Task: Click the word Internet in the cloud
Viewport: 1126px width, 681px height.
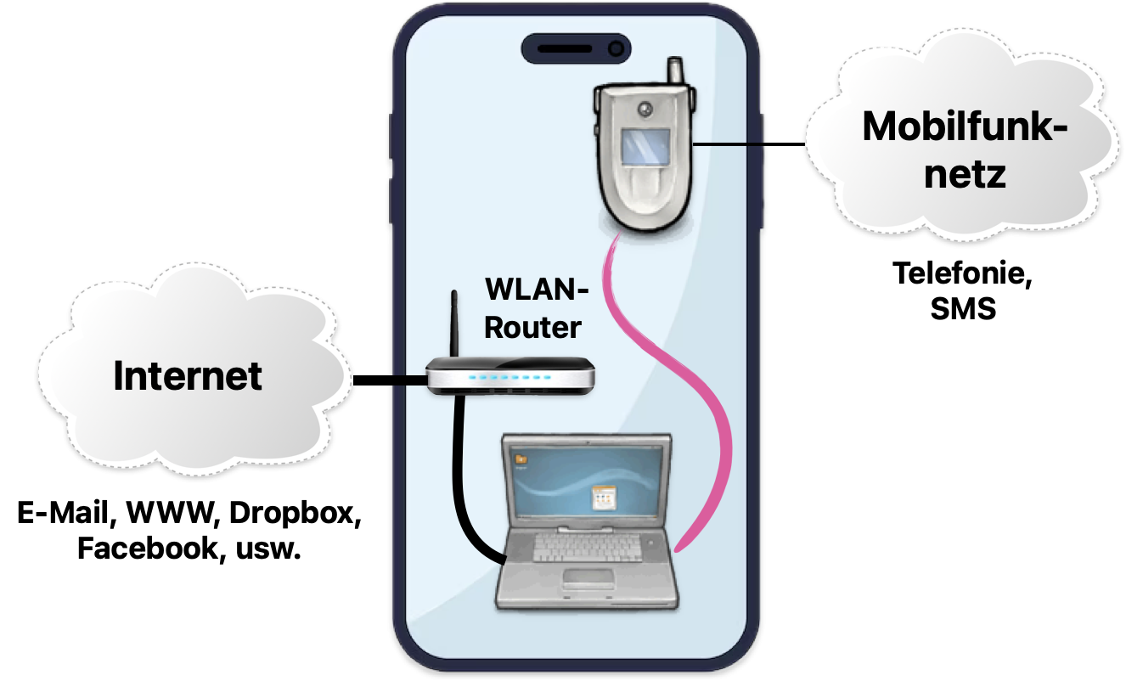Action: coord(188,375)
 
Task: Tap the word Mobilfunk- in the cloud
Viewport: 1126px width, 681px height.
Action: coord(966,127)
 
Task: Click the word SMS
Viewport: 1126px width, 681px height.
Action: coord(963,308)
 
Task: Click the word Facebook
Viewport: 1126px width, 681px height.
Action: coord(149,548)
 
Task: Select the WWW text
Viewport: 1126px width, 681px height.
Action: coord(171,513)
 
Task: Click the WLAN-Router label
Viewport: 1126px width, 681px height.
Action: coord(536,308)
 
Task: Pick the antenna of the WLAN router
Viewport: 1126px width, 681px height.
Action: coord(454,324)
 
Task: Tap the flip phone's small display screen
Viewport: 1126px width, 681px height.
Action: coord(645,146)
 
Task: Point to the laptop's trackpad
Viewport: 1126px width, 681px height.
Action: coord(588,579)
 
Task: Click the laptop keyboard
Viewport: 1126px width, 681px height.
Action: coord(587,547)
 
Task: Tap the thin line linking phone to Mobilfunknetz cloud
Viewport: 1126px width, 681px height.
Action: coord(749,144)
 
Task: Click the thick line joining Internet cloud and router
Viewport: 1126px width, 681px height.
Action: coord(390,380)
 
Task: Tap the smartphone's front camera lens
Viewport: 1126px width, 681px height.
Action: coord(616,48)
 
